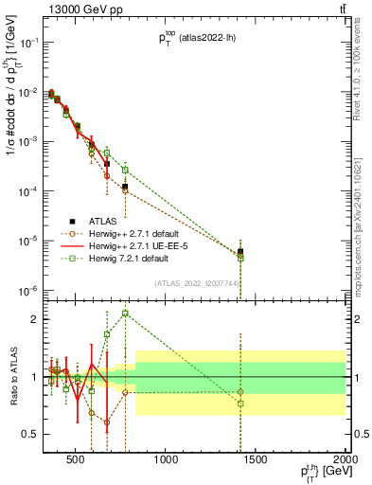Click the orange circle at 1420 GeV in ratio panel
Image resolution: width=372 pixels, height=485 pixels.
pos(240,391)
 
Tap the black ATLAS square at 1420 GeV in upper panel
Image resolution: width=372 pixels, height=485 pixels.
pos(240,252)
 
